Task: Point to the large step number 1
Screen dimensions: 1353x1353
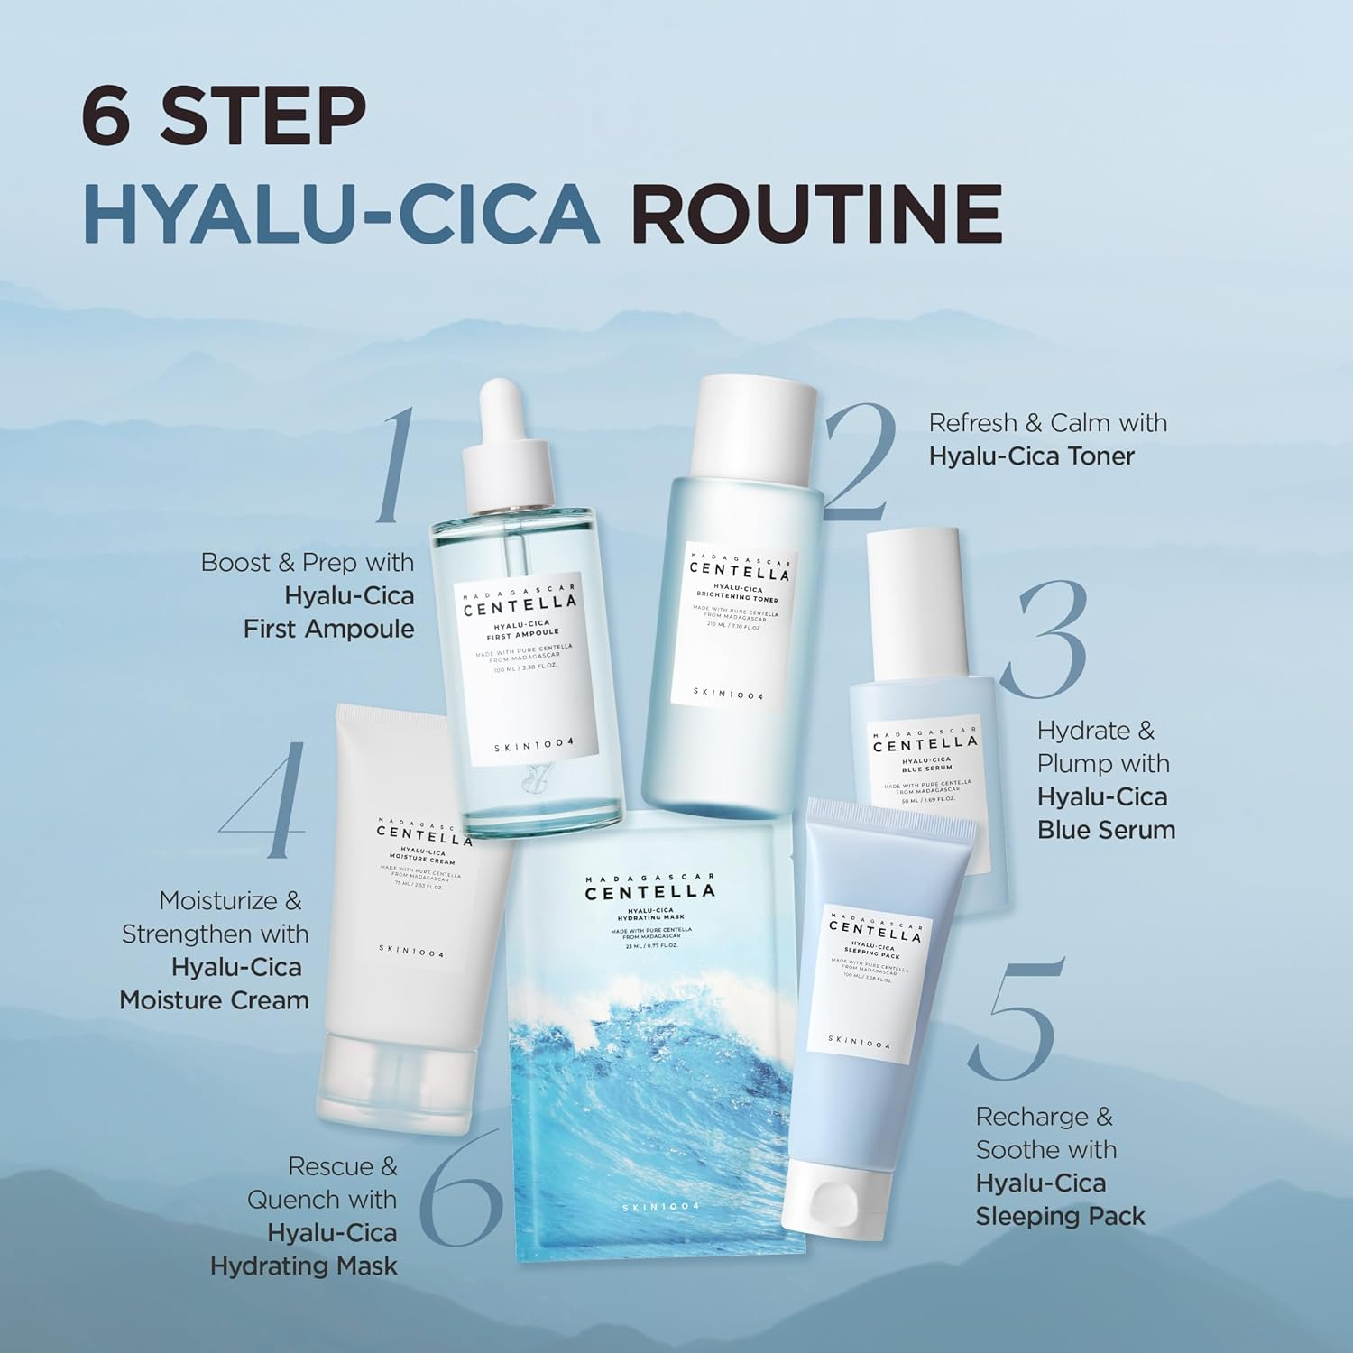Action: coord(395,465)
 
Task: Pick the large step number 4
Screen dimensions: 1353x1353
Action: coord(264,800)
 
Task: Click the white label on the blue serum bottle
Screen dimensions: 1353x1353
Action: coord(925,765)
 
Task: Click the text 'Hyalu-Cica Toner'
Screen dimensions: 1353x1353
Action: coord(1031,456)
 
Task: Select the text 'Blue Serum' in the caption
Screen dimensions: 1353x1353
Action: coord(1106,830)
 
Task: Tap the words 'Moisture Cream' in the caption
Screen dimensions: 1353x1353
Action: coord(215,1000)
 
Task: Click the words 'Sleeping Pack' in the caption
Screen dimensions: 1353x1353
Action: coord(1060,1216)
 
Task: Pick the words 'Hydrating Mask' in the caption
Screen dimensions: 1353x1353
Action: coord(304,1266)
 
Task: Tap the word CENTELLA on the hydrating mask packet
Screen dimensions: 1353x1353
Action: coord(649,892)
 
